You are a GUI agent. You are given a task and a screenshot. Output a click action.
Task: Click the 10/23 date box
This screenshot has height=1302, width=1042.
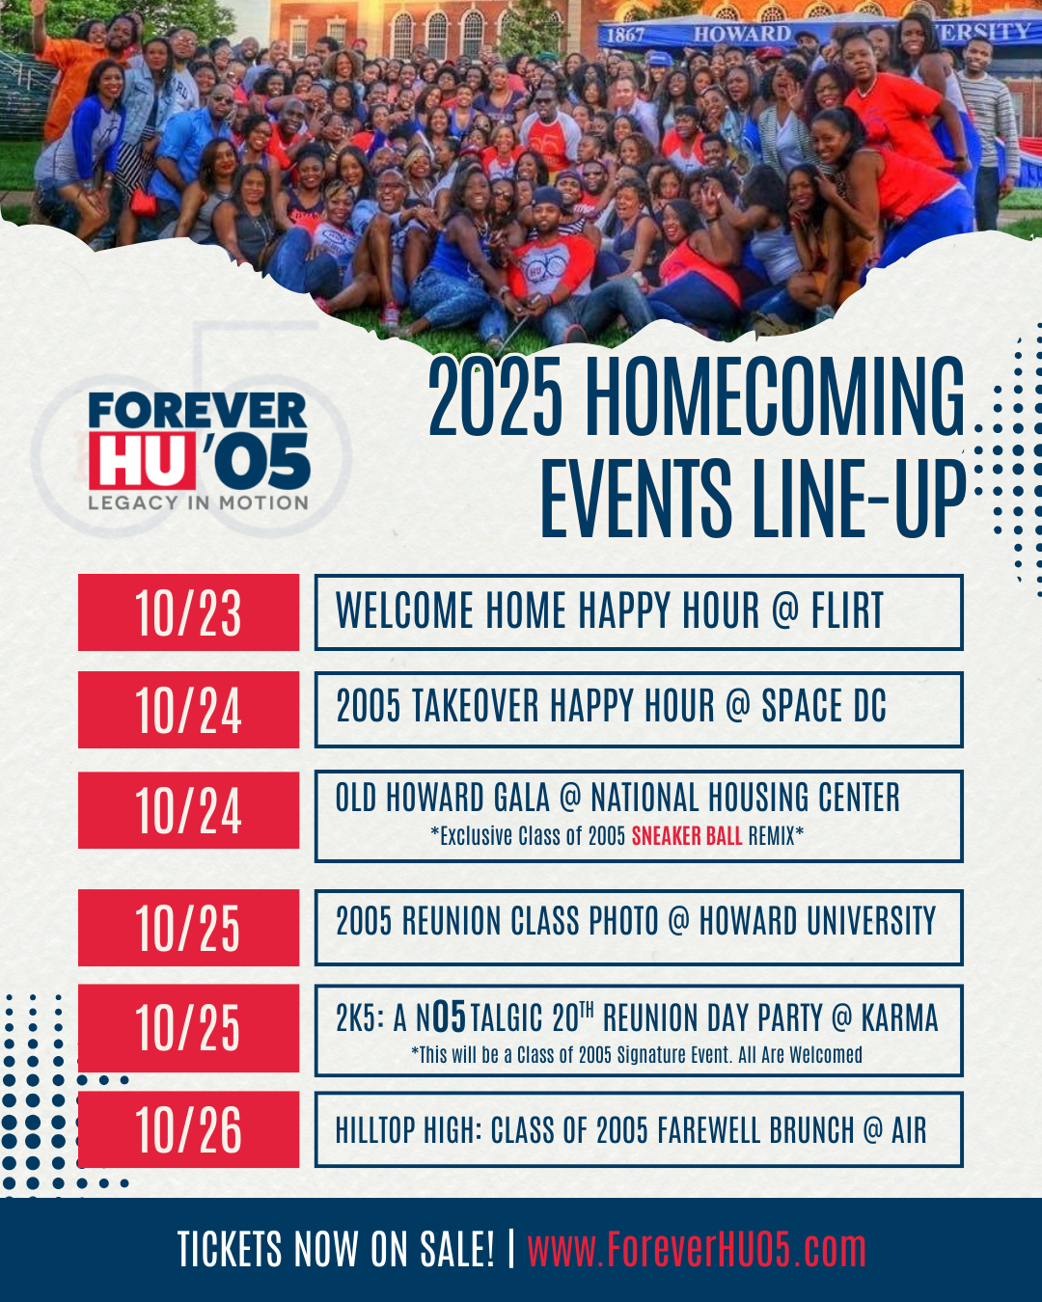188,612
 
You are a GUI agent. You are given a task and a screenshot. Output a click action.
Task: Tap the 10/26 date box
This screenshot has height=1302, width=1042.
188,1129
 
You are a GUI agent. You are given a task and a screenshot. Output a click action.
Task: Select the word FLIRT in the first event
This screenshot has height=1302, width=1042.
847,610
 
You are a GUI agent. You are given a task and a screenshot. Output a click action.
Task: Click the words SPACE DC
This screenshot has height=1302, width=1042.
823,706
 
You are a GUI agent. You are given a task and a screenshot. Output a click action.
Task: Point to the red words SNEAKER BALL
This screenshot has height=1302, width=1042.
687,836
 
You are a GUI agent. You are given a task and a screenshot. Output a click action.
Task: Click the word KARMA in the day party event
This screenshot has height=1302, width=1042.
900,1018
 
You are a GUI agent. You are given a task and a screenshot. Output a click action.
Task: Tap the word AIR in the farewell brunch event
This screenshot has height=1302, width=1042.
909,1130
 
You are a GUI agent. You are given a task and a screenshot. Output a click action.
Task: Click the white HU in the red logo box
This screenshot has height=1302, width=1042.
142,460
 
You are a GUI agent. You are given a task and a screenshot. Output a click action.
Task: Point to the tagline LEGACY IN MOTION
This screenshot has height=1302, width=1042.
198,502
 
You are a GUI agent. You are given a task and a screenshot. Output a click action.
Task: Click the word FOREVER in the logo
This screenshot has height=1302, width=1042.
198,410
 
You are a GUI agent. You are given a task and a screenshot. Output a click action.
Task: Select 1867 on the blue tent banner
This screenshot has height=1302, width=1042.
625,35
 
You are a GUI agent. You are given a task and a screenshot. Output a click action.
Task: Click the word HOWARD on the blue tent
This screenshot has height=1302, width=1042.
742,34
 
